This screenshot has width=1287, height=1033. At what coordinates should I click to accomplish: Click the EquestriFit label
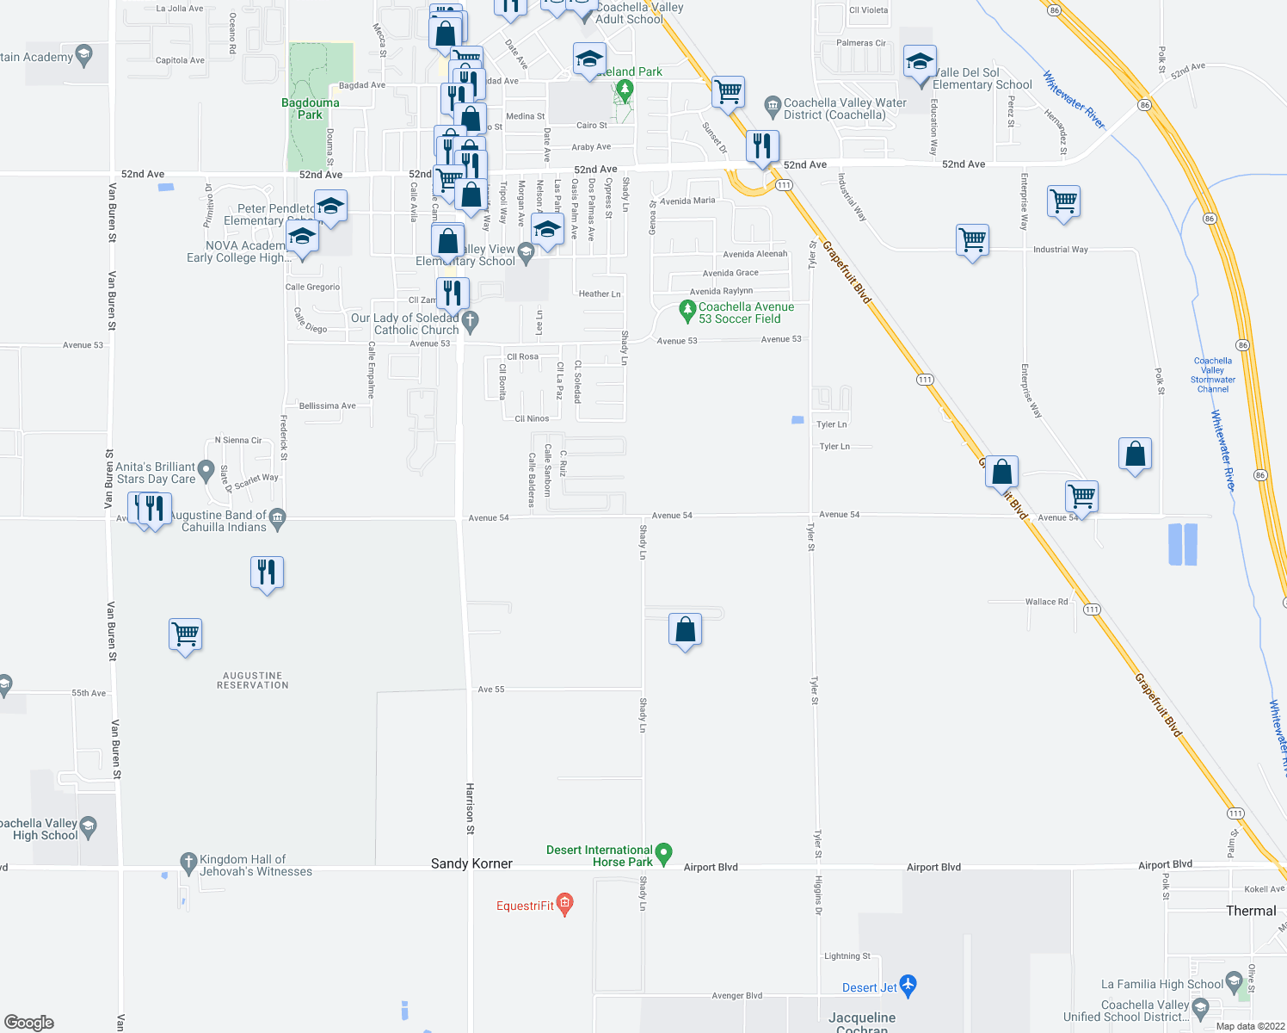pyautogui.click(x=526, y=906)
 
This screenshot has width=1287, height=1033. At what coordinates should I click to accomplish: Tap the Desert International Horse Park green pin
pyautogui.click(x=663, y=853)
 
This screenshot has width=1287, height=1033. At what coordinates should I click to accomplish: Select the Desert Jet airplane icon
pyautogui.click(x=908, y=986)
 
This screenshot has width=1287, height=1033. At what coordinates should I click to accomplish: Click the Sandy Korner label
pyautogui.click(x=471, y=863)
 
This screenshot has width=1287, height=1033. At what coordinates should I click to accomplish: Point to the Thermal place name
pyautogui.click(x=1251, y=911)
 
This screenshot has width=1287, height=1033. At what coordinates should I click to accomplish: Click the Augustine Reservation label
pyautogui.click(x=252, y=681)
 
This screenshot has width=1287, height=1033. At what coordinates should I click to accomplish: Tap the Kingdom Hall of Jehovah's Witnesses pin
pyautogui.click(x=188, y=862)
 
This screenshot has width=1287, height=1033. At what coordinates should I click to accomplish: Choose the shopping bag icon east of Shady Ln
pyautogui.click(x=685, y=630)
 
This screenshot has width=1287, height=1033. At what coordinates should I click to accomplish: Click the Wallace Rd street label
pyautogui.click(x=1046, y=602)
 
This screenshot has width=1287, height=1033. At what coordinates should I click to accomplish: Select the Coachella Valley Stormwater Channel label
pyautogui.click(x=1213, y=375)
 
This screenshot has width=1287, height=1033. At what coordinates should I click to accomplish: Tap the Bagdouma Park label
pyautogui.click(x=311, y=108)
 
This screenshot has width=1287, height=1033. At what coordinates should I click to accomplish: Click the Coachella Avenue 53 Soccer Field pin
pyautogui.click(x=687, y=310)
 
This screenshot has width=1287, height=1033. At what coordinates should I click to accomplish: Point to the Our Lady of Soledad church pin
pyautogui.click(x=470, y=322)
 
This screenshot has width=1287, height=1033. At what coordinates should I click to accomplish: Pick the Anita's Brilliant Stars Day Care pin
pyautogui.click(x=206, y=470)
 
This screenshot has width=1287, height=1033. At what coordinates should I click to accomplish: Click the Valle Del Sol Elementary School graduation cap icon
pyautogui.click(x=919, y=64)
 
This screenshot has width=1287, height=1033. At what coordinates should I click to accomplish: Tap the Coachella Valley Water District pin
pyautogui.click(x=772, y=104)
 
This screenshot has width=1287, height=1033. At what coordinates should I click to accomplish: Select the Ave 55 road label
pyautogui.click(x=491, y=690)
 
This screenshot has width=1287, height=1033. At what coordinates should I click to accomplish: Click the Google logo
pyautogui.click(x=29, y=1023)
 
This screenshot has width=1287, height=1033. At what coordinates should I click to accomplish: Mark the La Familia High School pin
pyautogui.click(x=1234, y=980)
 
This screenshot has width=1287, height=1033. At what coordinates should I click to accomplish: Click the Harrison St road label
pyautogui.click(x=470, y=808)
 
